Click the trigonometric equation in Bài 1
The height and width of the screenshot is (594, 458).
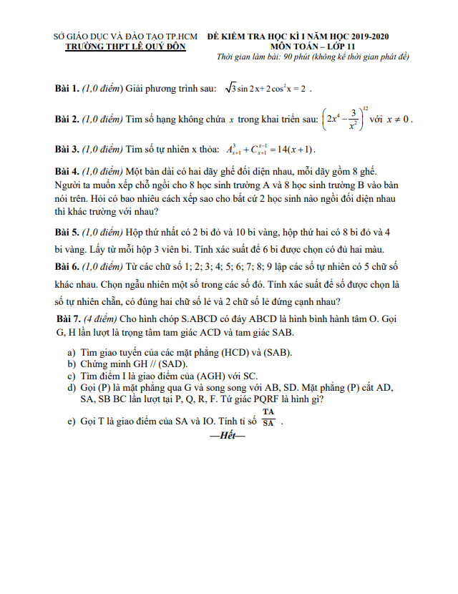pos(266,89)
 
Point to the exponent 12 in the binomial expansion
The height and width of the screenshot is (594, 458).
pos(366,108)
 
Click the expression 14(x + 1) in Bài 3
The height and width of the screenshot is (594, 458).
pos(291,149)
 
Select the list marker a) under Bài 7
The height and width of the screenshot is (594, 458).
pos(72,352)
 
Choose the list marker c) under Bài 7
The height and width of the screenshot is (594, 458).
pos(72,375)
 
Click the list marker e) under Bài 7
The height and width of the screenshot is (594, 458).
pos(72,422)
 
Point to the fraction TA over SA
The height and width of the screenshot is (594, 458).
pos(268,417)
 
